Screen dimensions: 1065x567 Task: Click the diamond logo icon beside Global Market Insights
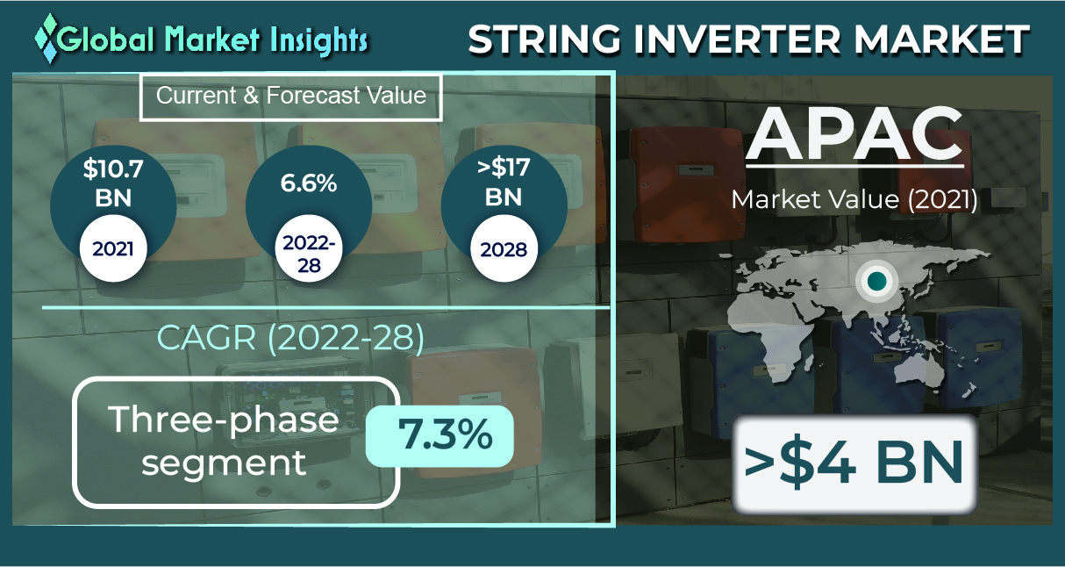[x=47, y=38]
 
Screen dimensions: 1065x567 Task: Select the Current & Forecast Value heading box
[x=291, y=97]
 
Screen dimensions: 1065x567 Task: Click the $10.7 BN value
[x=113, y=183]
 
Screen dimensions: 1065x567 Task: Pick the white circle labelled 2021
[x=113, y=248]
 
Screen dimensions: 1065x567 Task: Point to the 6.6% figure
[x=309, y=183]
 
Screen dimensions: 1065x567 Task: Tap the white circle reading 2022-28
[x=309, y=248]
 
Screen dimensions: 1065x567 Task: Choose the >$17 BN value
[x=504, y=183]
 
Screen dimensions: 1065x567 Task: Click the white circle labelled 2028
[x=504, y=248]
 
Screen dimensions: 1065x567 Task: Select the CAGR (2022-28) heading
[x=290, y=338]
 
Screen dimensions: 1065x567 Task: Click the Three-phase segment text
[x=224, y=441]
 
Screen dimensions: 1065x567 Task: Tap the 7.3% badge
[x=440, y=435]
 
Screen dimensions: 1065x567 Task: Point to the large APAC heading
[x=854, y=134]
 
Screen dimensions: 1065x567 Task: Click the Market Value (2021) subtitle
[x=854, y=199]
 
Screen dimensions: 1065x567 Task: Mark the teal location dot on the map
[x=876, y=281]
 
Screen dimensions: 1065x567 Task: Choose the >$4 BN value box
[x=854, y=463]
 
